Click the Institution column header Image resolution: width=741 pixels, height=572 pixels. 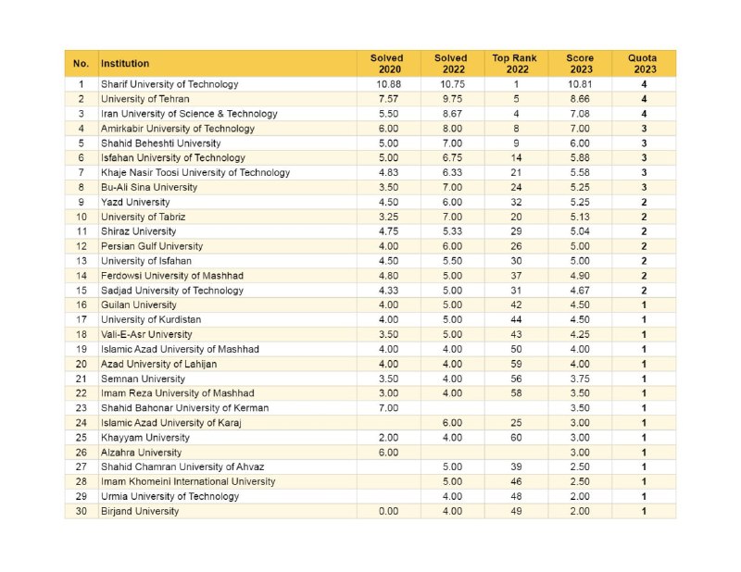125,63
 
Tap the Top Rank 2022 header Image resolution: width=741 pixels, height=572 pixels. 515,64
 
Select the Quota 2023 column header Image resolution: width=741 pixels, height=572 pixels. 643,64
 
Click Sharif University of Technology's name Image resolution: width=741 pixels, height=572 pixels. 170,84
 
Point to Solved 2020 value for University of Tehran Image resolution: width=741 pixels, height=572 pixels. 388,99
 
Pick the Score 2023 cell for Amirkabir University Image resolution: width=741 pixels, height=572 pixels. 580,129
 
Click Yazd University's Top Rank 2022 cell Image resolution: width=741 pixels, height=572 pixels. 516,202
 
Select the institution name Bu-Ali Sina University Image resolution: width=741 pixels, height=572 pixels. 149,187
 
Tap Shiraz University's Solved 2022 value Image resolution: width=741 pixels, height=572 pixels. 452,231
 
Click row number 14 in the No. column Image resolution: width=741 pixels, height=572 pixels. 82,276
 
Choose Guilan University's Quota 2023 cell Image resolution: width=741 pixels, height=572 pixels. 644,305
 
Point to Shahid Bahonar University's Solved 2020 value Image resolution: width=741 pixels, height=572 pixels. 388,408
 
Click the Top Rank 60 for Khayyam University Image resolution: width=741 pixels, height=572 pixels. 516,438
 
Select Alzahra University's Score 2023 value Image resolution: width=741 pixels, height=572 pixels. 580,453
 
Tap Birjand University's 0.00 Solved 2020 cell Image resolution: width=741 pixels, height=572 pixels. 388,511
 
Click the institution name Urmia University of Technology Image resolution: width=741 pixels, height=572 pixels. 170,496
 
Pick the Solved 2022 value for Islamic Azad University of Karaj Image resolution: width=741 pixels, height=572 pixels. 452,423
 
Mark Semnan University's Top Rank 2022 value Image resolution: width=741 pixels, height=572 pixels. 516,379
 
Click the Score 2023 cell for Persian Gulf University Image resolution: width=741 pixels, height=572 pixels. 580,246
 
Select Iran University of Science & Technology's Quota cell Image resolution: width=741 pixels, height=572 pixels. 644,114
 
